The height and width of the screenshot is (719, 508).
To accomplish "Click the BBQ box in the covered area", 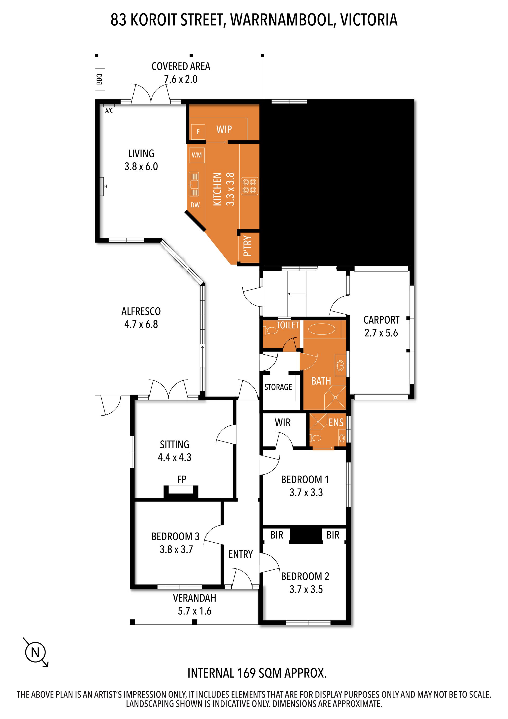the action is (x=100, y=79).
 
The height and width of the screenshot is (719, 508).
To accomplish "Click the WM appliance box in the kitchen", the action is (x=197, y=155).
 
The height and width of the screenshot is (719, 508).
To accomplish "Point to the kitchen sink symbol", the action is (x=194, y=184).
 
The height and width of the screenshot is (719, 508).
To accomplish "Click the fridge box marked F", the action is (x=198, y=132).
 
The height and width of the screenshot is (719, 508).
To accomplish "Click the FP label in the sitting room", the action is (x=182, y=479).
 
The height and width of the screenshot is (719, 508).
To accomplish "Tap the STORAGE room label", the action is (x=278, y=387).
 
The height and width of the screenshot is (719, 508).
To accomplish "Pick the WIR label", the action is (x=283, y=422).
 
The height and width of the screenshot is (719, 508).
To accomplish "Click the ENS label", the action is (x=336, y=422).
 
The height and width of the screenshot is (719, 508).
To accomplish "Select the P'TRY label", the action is (x=247, y=246).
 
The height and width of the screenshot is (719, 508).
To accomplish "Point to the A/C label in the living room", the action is (x=109, y=110).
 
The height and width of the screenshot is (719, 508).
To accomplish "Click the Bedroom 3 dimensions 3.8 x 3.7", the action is (x=176, y=549).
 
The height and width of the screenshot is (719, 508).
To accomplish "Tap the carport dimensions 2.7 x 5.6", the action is (x=381, y=333).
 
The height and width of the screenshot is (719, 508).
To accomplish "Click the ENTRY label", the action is (x=241, y=554).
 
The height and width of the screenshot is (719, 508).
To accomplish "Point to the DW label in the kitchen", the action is (x=195, y=205).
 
